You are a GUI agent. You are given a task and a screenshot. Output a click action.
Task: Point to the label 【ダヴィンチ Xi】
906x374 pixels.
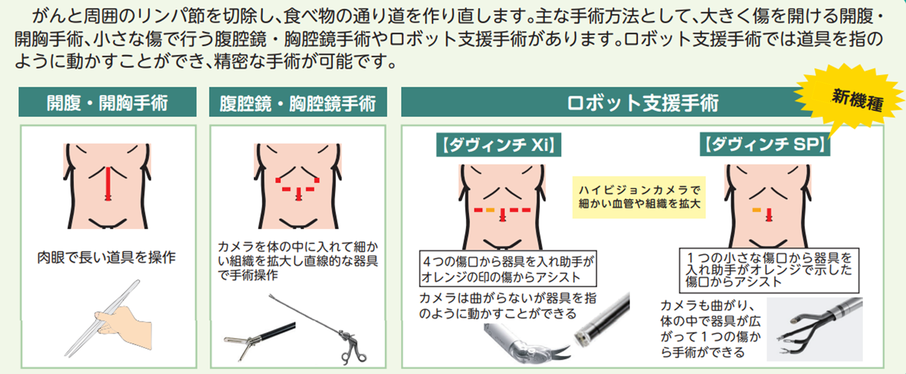coord(499,145)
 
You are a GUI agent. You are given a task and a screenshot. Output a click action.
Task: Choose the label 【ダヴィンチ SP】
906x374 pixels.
coord(765,144)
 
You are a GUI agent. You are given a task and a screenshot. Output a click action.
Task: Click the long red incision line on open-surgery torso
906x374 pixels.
coord(108,183)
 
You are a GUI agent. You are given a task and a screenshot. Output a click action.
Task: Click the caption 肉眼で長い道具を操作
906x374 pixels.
coord(106,257)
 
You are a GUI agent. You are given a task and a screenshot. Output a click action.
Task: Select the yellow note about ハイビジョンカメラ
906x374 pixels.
coord(639,197)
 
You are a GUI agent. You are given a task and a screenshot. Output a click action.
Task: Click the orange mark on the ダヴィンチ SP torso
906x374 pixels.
coord(757,210)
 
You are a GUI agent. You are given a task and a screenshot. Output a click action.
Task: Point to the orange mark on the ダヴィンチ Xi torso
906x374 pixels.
coord(490,210)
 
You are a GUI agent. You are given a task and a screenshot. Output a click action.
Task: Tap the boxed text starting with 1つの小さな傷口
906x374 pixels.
coord(769,270)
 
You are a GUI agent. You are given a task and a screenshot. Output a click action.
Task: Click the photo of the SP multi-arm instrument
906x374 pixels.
coord(815,329)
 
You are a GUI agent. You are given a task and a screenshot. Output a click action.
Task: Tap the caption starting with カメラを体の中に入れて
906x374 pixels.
coord(298,261)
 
